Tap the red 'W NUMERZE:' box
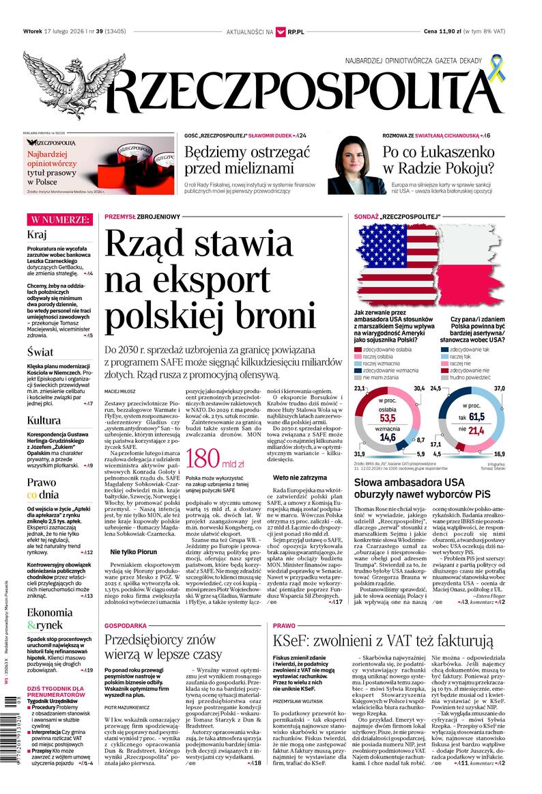[59, 219]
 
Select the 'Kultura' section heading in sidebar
[44, 420]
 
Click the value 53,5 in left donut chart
[388, 418]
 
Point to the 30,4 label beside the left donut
[419, 389]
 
